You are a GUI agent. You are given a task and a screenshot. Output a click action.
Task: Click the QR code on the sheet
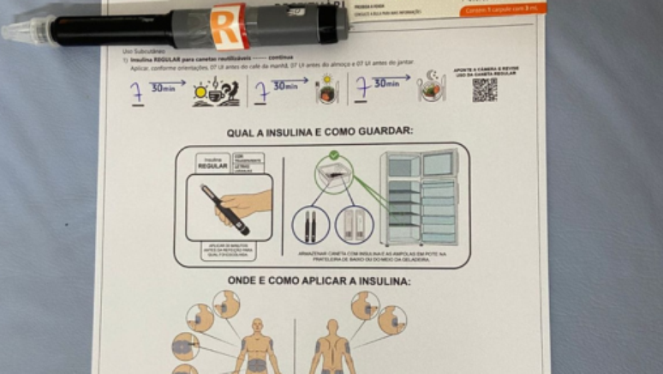coord(484,90)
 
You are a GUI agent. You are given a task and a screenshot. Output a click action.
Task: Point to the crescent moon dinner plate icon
coord(432,87)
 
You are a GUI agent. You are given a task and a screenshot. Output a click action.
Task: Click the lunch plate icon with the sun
coord(326,90)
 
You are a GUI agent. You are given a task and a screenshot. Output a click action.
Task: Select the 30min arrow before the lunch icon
coord(285,86)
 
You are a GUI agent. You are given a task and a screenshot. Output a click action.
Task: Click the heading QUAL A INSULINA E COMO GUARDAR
coord(320,132)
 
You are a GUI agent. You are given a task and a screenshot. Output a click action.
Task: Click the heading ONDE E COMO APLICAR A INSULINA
coord(319,281)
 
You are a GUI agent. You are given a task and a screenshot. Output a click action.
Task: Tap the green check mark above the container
coord(333,155)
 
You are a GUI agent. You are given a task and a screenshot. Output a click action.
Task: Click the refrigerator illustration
coord(420,198)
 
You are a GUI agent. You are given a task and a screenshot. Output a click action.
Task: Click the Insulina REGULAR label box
coord(213,162)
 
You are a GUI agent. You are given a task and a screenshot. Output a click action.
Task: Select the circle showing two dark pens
coord(311,226)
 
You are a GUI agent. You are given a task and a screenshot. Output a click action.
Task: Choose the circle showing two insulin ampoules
coord(354,226)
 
